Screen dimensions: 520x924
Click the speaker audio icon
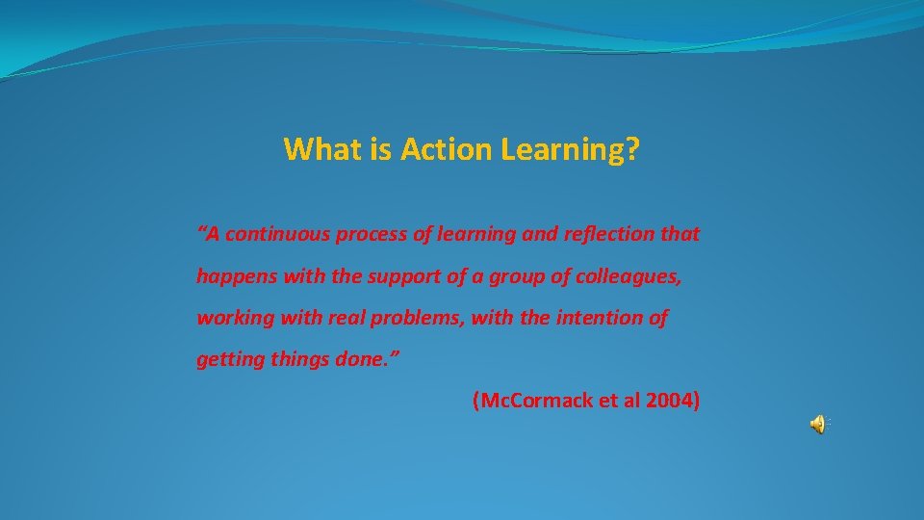tap(818, 424)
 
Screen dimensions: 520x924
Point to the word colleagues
tap(629, 277)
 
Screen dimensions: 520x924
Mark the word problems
tap(417, 319)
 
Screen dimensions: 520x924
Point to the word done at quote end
tap(369, 360)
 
